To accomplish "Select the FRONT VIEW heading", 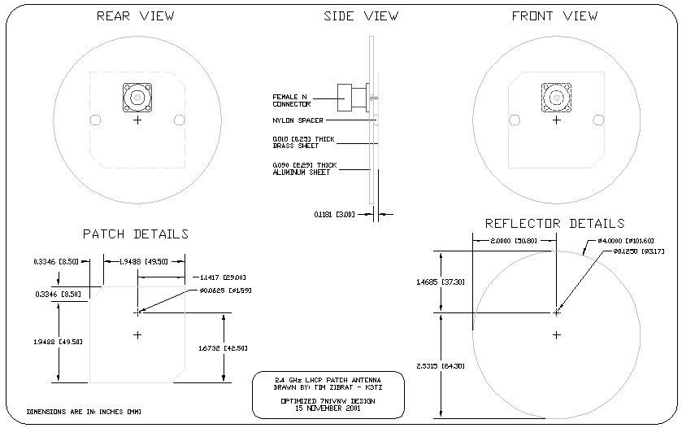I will (555, 16).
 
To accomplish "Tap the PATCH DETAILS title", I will (136, 234).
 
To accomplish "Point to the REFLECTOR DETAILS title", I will (554, 223).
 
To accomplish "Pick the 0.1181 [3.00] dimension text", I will (332, 215).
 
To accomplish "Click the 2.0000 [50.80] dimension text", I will (513, 242).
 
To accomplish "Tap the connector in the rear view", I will (137, 98).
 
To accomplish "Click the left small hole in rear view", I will (96, 120).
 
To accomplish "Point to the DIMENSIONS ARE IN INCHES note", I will (89, 413).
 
